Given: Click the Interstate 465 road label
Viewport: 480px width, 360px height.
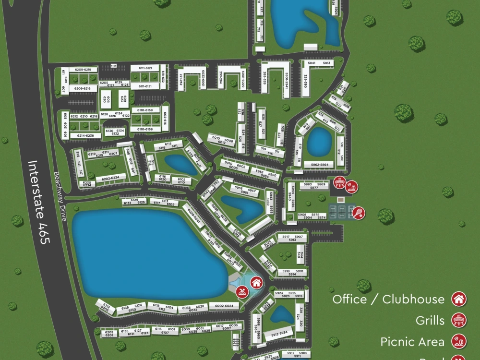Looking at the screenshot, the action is (x=38, y=202).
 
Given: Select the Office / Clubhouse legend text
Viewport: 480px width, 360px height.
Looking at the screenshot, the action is (x=388, y=299).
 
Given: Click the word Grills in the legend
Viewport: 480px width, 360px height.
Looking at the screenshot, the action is (x=430, y=320).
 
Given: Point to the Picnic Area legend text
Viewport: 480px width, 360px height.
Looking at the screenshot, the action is (x=412, y=342).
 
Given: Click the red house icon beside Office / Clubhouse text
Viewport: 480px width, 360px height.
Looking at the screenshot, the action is (x=459, y=299).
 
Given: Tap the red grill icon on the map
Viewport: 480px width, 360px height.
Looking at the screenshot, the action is (x=340, y=182).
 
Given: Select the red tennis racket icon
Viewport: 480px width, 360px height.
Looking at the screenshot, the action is (x=358, y=212).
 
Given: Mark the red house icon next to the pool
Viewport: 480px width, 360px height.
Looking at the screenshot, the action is (x=256, y=282).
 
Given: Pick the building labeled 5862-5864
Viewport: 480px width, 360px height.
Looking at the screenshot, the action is (x=319, y=165).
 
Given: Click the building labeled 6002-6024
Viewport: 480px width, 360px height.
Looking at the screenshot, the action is (x=224, y=306).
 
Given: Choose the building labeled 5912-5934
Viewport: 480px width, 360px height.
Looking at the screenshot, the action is (x=279, y=333).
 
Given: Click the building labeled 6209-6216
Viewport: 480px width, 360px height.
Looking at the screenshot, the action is (x=83, y=89).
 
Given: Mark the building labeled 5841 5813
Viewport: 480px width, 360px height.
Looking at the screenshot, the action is (x=319, y=63).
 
